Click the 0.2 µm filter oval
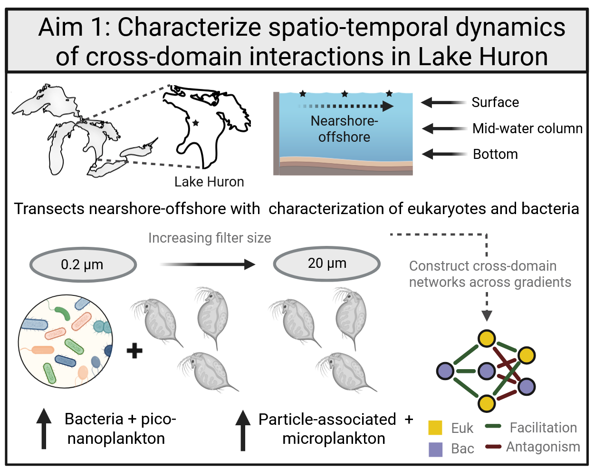coord(83,264)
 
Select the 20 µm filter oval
coord(327,263)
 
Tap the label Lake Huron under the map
coord(209,182)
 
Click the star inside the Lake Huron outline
coord(195,123)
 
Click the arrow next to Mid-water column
coord(444,128)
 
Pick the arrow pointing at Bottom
coord(444,154)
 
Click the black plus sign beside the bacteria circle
coord(134,351)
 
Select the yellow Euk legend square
coord(435,428)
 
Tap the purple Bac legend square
coord(435,449)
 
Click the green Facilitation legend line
coord(493,426)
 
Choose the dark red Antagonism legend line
coord(493,447)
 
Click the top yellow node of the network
coord(487,339)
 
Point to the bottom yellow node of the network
coord(487,403)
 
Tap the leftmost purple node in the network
coord(445,371)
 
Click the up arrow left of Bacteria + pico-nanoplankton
coord(44,429)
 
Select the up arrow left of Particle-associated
coord(243,430)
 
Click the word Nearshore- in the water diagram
coord(344,121)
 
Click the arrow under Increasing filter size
coord(208,264)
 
